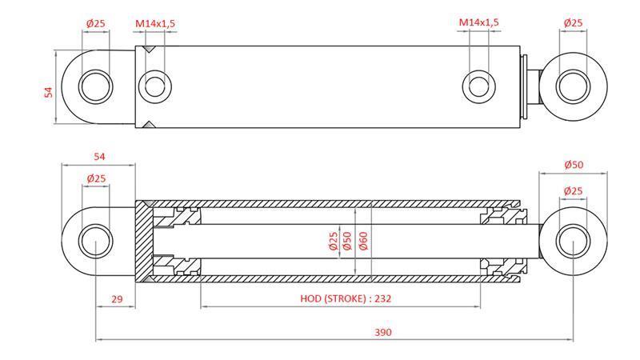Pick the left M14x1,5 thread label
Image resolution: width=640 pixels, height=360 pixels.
click(x=154, y=23)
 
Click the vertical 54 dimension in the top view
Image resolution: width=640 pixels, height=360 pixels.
click(x=48, y=92)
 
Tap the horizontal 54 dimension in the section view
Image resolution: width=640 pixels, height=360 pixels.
click(x=100, y=157)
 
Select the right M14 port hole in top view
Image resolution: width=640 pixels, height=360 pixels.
click(x=478, y=85)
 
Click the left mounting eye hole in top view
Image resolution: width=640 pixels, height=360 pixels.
click(x=97, y=84)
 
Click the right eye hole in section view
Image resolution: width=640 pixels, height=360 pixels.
click(x=573, y=241)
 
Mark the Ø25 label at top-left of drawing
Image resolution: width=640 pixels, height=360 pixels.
click(x=96, y=23)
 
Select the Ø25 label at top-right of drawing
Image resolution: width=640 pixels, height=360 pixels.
click(x=573, y=23)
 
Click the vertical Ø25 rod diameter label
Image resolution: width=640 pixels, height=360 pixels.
click(x=333, y=241)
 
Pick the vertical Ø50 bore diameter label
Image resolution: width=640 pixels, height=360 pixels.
click(x=348, y=241)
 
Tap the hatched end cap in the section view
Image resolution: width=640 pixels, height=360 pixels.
click(x=142, y=241)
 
